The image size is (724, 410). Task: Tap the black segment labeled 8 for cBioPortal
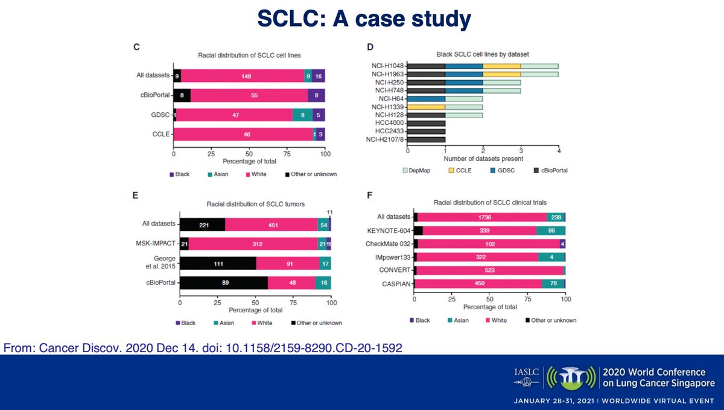[x=182, y=95]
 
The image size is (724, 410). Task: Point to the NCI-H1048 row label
[x=387, y=66]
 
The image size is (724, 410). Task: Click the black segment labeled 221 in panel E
[x=202, y=224]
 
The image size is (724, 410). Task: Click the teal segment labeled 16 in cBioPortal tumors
[x=323, y=283]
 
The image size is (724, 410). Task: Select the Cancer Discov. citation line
[x=203, y=348]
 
